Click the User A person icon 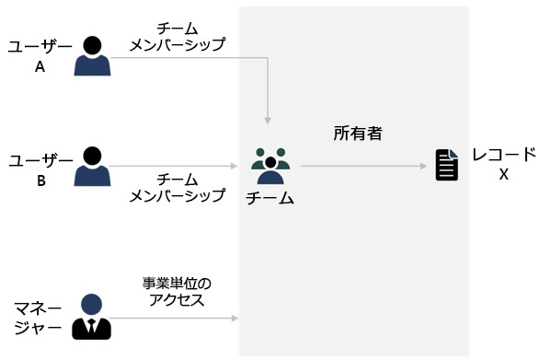pos(91,56)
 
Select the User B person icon pos(91,166)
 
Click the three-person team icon pos(270,167)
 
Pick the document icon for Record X pos(446,167)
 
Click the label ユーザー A pos(40,55)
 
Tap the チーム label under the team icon pos(270,197)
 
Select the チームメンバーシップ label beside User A pos(177,35)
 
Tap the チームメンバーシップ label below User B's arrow pos(177,187)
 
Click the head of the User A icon pos(91,44)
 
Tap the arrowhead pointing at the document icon pos(426,167)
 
